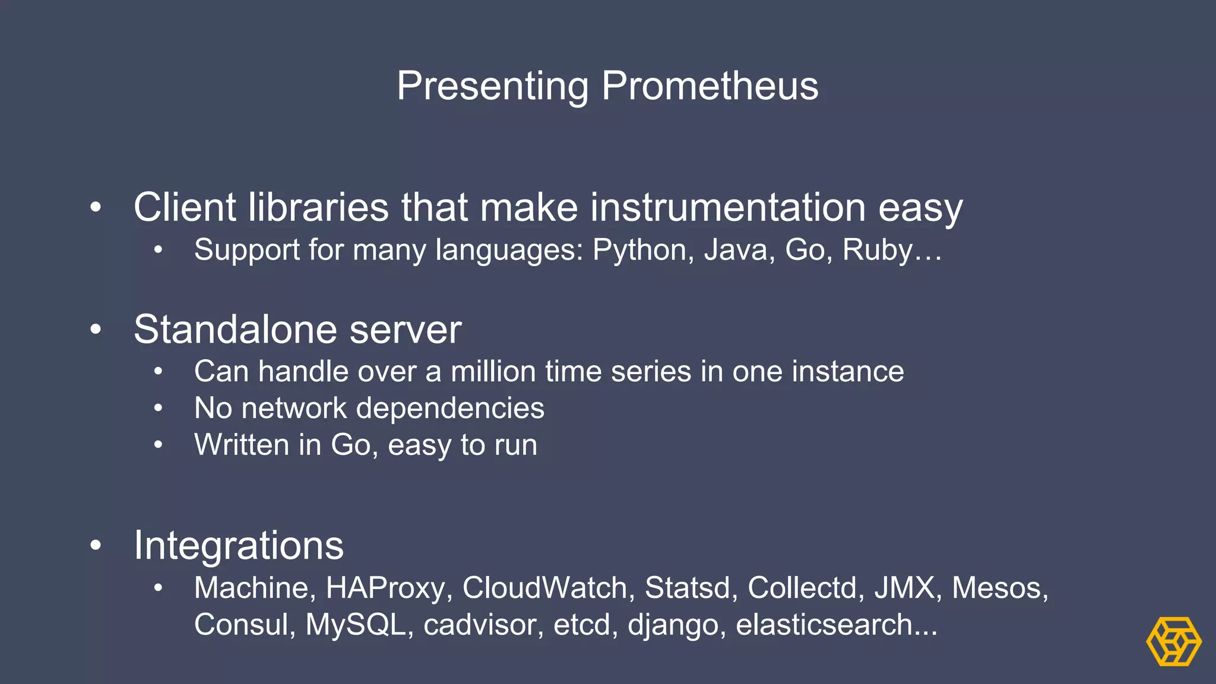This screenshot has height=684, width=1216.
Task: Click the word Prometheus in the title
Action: point(710,86)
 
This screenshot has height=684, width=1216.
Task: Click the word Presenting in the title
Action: point(492,86)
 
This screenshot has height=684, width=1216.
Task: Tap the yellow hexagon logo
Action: point(1173,641)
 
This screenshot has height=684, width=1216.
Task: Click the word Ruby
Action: point(878,250)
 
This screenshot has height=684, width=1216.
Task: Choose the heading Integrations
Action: point(239,545)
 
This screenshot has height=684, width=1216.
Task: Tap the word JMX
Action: point(908,588)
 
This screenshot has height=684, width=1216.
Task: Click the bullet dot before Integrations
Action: point(96,544)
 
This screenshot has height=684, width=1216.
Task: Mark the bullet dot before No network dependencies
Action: point(158,408)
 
